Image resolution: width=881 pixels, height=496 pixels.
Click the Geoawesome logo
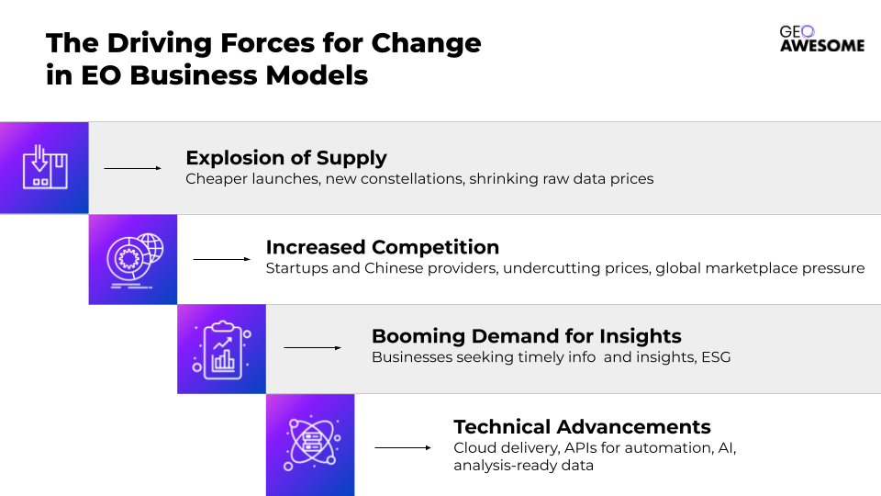822,39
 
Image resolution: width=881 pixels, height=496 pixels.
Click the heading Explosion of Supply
286,158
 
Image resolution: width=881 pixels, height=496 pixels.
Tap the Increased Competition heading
383,247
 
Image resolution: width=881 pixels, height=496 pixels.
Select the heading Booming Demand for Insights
527,336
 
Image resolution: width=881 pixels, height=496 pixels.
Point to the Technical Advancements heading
582,427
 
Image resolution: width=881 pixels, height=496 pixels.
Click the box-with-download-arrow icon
45,167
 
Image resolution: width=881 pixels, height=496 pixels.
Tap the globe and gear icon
135,260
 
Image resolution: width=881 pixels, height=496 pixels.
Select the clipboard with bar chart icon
222,350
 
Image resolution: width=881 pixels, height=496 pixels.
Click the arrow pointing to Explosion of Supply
132,168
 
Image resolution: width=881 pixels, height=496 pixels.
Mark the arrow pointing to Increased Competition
222,259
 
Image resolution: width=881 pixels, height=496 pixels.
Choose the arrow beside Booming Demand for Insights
312,347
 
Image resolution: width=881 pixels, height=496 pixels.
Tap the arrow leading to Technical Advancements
403,447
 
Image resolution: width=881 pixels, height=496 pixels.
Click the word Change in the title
427,43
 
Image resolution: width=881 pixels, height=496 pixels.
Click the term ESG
716,357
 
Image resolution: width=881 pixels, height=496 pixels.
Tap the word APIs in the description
580,447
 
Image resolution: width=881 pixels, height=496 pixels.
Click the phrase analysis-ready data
524,466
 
